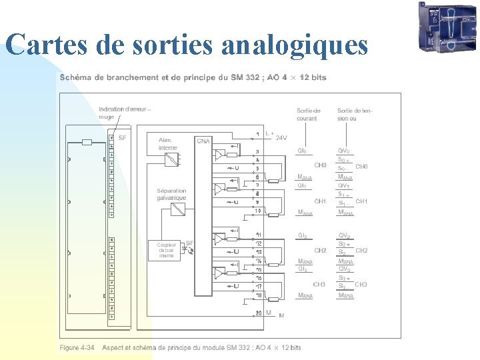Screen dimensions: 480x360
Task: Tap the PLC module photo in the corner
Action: coord(447,27)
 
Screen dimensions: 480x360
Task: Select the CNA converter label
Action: coord(203,141)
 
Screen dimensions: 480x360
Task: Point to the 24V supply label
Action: coord(281,138)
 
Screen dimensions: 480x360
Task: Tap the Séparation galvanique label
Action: coord(172,194)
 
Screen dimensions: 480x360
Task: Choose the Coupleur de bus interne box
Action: coord(166,250)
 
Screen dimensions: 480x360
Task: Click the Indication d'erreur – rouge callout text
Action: coord(125,113)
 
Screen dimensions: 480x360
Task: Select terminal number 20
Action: coord(258,313)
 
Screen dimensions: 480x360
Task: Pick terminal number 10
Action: coord(258,211)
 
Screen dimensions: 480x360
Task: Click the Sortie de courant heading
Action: coord(309,114)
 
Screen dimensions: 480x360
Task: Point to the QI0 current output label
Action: coord(302,151)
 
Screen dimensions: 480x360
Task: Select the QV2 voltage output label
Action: coord(345,235)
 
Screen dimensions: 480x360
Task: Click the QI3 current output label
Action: coord(303,269)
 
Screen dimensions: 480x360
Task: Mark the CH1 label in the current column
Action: coord(320,201)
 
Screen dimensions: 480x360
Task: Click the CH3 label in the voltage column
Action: coord(361,285)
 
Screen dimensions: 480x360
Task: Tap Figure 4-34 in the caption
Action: coord(77,347)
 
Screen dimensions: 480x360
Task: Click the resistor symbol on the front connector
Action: coord(86,142)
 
